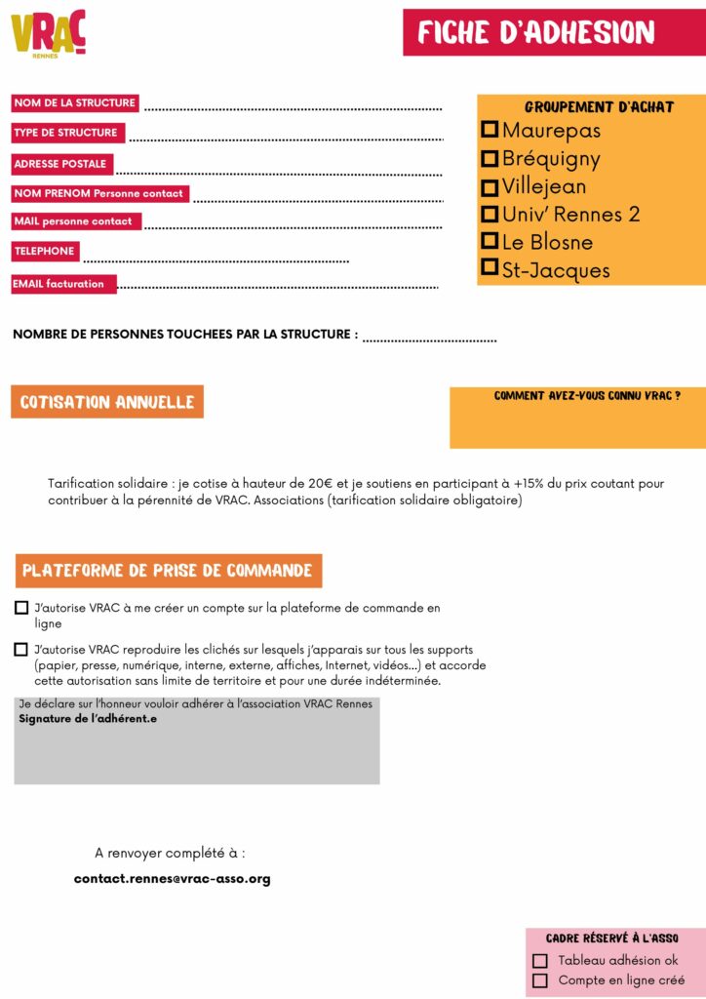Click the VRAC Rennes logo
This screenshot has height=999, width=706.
pos(49,34)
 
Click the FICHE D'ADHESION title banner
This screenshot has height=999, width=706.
pos(553,33)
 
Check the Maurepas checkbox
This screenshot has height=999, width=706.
pos(490,130)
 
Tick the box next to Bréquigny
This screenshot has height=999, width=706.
pos(490,158)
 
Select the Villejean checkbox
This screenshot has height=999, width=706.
pos(490,186)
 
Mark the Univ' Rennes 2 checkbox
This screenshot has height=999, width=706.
pos(490,214)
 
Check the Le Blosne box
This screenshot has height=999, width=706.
pos(490,241)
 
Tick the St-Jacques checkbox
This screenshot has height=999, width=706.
pos(490,268)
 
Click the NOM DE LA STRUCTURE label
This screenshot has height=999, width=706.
pos(75,102)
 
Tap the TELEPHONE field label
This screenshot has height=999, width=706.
pos(45,251)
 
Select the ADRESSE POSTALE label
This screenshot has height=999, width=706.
pos(61,164)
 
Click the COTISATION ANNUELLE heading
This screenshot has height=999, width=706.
pos(107,402)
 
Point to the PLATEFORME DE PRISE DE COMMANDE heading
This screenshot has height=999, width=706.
pos(168,571)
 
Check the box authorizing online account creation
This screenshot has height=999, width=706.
pos(21,608)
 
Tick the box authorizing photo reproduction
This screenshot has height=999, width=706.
pos(21,649)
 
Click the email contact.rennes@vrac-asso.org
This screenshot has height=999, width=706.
pos(172,879)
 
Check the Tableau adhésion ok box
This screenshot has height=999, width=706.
pos(539,961)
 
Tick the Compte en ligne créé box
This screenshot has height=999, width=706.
pos(539,980)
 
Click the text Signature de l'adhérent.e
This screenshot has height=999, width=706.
pos(88,719)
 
